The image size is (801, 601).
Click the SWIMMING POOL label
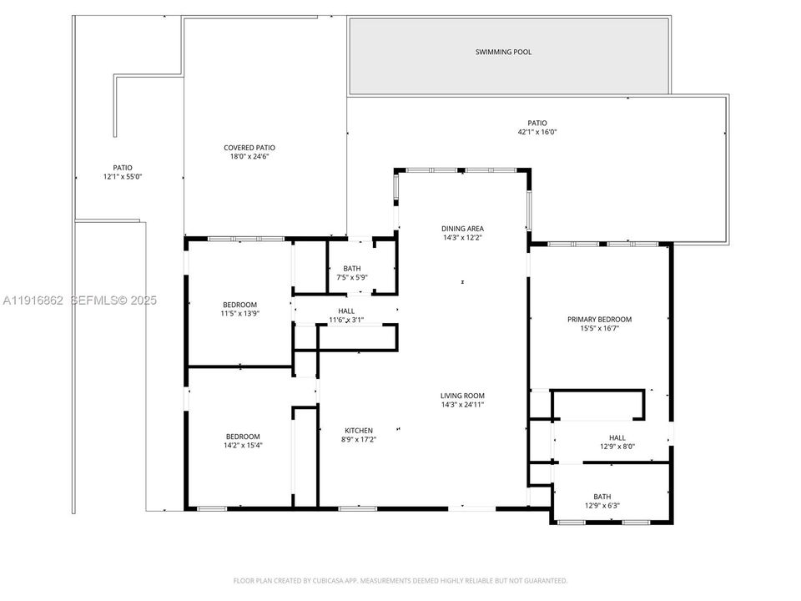click(503, 52)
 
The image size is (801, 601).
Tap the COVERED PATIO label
click(249, 148)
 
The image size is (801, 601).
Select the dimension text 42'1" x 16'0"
click(537, 132)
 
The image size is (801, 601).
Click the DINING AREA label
click(462, 228)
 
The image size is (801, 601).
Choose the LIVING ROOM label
click(462, 396)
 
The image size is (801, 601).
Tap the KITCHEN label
click(359, 430)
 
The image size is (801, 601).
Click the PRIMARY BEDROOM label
click(599, 319)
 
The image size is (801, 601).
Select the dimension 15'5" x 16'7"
click(599, 328)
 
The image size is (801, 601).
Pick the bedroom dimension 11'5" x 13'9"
click(239, 313)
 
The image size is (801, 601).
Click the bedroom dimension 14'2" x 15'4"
click(243, 445)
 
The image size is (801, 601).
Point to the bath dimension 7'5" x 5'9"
click(351, 277)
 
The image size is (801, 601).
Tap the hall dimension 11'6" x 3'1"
click(345, 320)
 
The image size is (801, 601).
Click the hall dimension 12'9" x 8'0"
click(617, 447)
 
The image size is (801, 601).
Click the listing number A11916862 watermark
click(34, 300)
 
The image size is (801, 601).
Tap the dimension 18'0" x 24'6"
click(249, 157)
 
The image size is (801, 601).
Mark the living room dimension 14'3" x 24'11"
click(462, 405)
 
